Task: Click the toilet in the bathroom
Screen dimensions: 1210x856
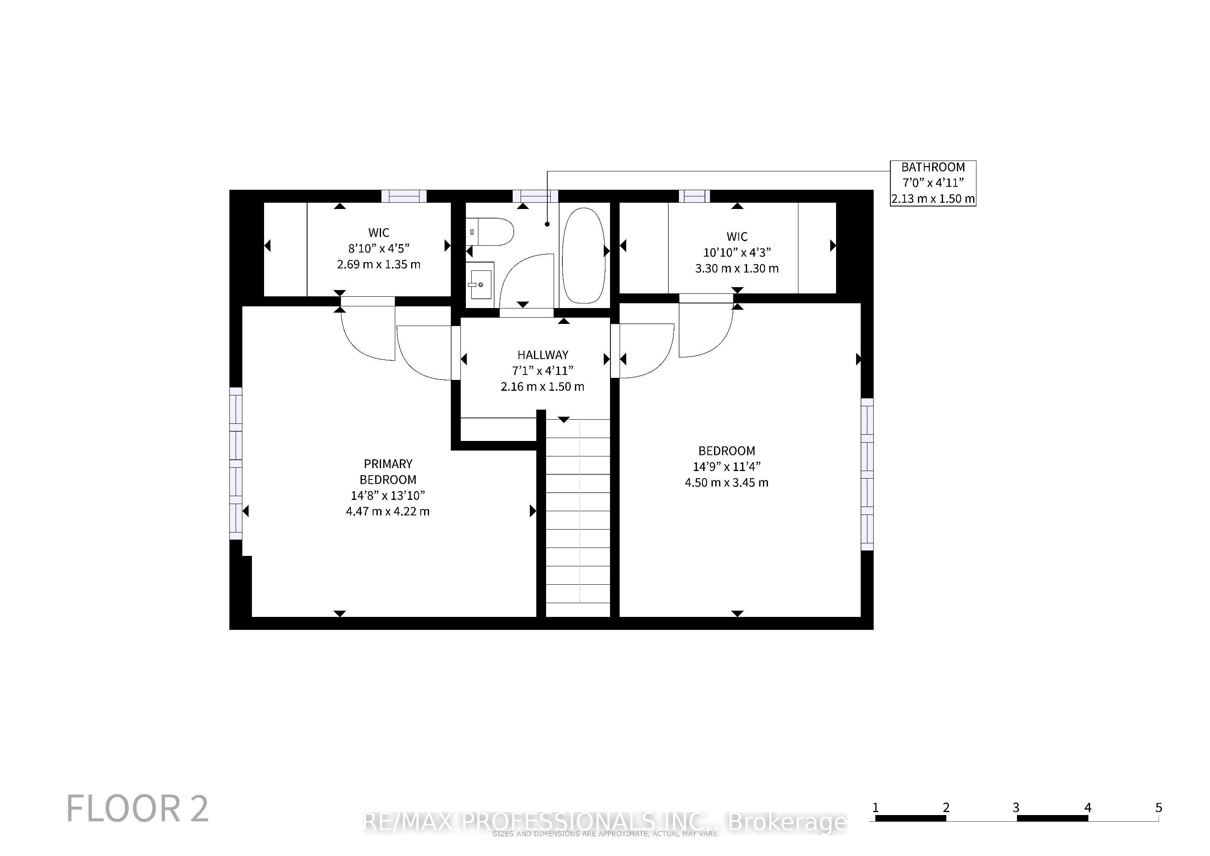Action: (x=490, y=232)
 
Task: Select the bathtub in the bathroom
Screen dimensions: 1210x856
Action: (x=583, y=256)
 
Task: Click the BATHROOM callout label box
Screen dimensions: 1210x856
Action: (x=933, y=183)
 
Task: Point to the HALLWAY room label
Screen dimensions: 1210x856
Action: (x=543, y=355)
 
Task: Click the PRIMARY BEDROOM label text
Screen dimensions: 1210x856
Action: (x=388, y=472)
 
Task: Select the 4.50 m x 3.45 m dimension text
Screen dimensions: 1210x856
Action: (x=727, y=482)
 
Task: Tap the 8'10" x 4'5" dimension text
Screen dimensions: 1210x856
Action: (x=379, y=248)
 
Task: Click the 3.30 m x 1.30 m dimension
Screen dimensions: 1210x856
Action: (x=737, y=268)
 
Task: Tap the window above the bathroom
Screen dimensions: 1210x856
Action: (x=536, y=196)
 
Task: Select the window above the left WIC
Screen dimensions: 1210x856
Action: (x=404, y=196)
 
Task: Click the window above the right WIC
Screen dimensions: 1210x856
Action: (x=694, y=196)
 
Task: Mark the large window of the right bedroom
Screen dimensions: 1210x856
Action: (x=867, y=474)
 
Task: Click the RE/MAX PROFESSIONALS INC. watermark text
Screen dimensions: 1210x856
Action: (x=605, y=822)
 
